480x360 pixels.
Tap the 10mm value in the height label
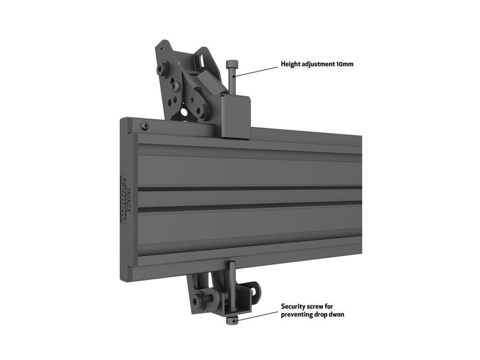click(x=345, y=64)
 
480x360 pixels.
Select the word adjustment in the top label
click(x=318, y=64)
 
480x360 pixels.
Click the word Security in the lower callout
click(x=294, y=306)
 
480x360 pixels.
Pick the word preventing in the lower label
click(x=298, y=314)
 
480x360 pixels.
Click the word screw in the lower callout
click(x=317, y=306)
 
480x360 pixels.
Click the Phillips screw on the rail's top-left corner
click(x=145, y=125)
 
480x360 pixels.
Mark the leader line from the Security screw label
click(x=258, y=315)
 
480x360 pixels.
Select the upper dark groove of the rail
click(x=248, y=189)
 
